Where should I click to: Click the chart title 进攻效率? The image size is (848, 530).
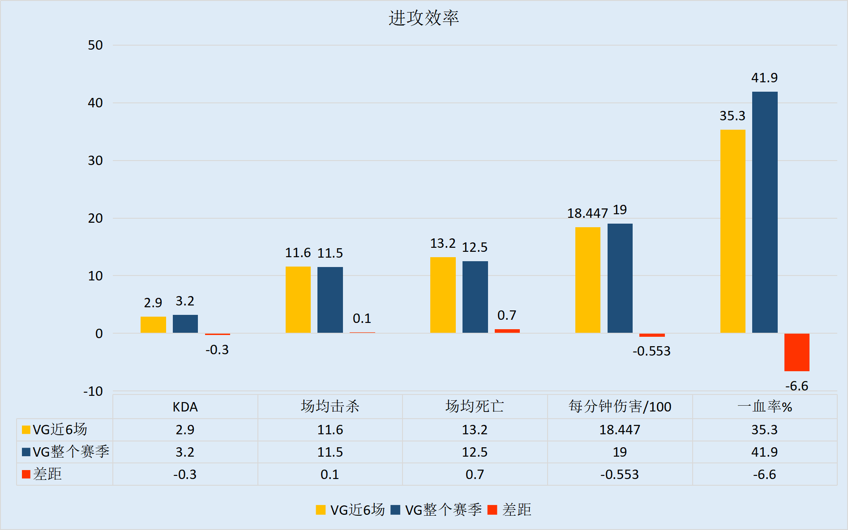424,18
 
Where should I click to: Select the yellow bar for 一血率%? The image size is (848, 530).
732,231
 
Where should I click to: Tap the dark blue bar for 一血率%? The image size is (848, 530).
765,212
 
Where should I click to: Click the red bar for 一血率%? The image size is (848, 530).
797,352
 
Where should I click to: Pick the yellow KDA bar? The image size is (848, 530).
153,325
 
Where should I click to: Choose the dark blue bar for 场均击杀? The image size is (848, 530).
330,300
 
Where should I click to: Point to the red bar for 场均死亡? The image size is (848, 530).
507,331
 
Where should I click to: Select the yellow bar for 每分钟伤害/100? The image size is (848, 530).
588,280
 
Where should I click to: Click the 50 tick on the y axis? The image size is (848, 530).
95,45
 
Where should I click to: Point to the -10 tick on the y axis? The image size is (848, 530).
93,391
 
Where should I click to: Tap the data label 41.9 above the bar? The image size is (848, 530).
764,78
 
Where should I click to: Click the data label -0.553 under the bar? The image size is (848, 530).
651,351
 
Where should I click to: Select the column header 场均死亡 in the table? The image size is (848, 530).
475,407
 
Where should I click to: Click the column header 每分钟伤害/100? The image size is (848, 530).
620,407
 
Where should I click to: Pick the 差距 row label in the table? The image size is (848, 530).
47,474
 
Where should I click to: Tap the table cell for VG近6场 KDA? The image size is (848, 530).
185,430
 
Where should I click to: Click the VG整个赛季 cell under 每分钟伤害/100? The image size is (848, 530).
620,452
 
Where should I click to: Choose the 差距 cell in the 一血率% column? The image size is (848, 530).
764,475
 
